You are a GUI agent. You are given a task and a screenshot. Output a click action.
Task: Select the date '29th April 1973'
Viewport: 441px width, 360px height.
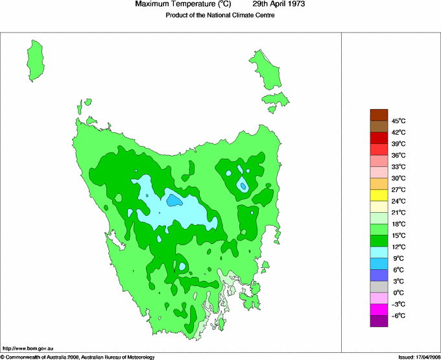[x=279, y=5]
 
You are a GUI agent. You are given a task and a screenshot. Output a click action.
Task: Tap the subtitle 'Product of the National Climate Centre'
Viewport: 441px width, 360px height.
[x=220, y=16]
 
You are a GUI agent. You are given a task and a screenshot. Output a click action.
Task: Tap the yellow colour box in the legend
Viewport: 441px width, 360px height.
[x=379, y=195]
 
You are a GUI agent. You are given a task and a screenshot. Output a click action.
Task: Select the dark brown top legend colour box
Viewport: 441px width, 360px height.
[x=379, y=115]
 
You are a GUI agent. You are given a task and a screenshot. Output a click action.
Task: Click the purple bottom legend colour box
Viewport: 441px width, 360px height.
[x=379, y=320]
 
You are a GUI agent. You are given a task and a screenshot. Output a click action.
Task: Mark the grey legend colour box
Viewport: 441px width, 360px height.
[x=379, y=287]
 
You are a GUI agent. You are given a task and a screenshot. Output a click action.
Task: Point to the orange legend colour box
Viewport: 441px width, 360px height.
[x=379, y=184]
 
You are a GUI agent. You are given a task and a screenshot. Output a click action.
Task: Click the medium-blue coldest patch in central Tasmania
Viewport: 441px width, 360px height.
[x=173, y=200]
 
